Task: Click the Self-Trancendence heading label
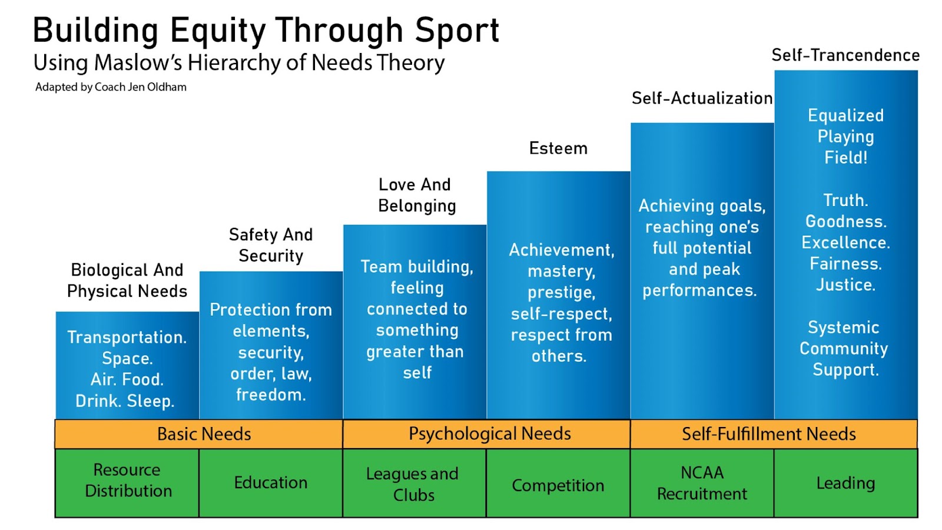[x=845, y=55]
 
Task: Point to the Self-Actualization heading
[x=702, y=98]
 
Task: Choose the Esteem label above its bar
[x=558, y=148]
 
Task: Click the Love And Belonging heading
[x=416, y=195]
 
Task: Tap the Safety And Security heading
[x=271, y=245]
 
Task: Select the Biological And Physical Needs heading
[x=127, y=280]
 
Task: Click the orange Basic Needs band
[x=204, y=434]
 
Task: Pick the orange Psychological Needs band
[x=489, y=434]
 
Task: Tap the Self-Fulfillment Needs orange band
[x=768, y=434]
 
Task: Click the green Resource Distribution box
[x=128, y=481]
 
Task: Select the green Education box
[x=271, y=483]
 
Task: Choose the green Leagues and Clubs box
[x=413, y=483]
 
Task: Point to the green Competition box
[x=558, y=485]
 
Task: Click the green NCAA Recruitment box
[x=702, y=483]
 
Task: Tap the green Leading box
[x=845, y=483]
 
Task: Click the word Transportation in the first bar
[x=126, y=337]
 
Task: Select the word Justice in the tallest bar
[x=845, y=285]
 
